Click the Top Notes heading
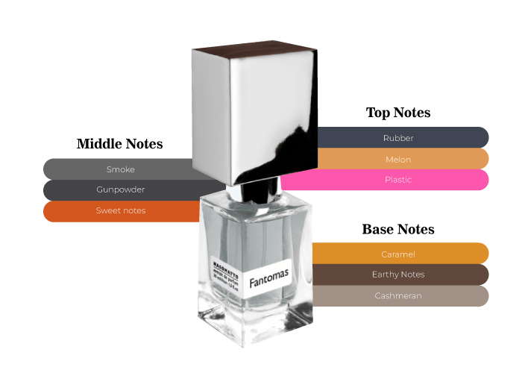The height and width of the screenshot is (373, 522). (x=398, y=113)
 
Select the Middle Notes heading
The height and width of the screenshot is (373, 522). (x=119, y=144)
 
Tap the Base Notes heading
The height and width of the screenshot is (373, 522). (x=398, y=229)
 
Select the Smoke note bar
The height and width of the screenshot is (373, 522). (x=119, y=169)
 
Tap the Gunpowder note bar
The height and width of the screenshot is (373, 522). (x=119, y=189)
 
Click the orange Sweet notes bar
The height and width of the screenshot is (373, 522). (x=119, y=211)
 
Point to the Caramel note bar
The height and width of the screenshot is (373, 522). (x=399, y=254)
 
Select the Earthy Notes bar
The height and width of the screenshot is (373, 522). (x=399, y=275)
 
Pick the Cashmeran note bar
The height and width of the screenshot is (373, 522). (x=399, y=295)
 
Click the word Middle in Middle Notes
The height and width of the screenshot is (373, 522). (x=98, y=144)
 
